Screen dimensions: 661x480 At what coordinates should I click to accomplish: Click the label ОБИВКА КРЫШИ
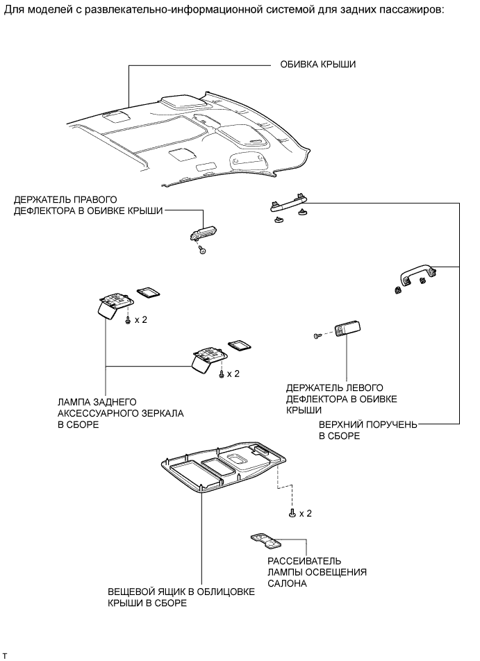(x=318, y=66)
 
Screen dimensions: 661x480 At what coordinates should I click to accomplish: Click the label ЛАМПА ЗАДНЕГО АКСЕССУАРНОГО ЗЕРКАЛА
(x=121, y=413)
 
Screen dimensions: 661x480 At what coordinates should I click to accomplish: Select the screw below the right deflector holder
(x=201, y=250)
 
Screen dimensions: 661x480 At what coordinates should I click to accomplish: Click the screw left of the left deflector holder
(x=318, y=335)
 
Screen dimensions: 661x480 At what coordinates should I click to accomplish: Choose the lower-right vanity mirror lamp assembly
(x=207, y=358)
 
